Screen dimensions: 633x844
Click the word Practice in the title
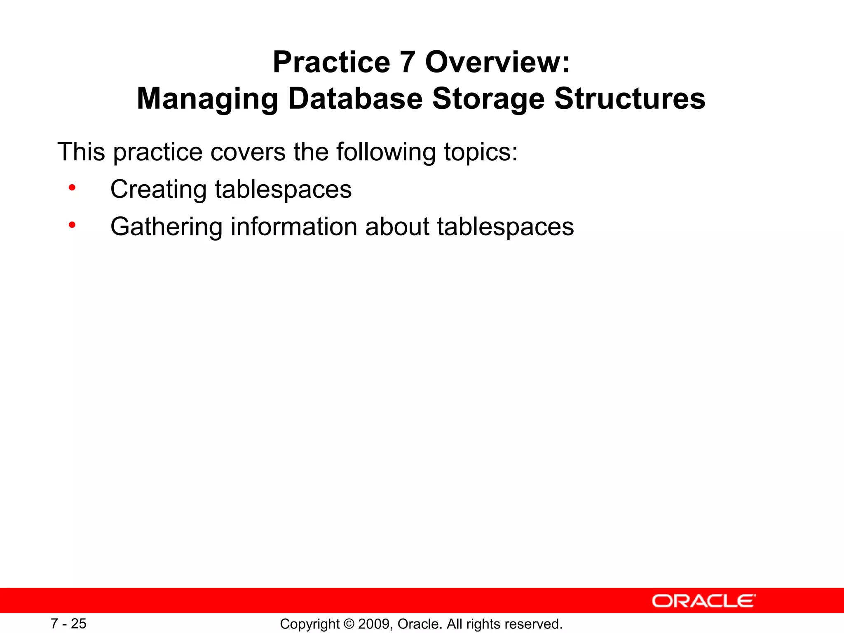pyautogui.click(x=331, y=62)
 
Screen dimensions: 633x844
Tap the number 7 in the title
pyautogui.click(x=407, y=62)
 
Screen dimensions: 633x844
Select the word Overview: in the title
pyautogui.click(x=497, y=62)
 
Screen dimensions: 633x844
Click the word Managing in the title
pyautogui.click(x=208, y=99)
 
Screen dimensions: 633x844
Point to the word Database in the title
pyautogui.click(x=355, y=99)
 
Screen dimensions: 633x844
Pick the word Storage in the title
pyautogui.click(x=488, y=99)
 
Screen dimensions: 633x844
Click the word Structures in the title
pyautogui.click(x=629, y=99)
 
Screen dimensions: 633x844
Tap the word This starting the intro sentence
pyautogui.click(x=81, y=152)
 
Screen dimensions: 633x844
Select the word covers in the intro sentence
pyautogui.click(x=248, y=152)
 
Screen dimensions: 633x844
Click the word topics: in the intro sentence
pyautogui.click(x=481, y=152)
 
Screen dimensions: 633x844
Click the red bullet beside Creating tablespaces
pyautogui.click(x=72, y=188)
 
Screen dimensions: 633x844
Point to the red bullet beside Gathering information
pyautogui.click(x=72, y=225)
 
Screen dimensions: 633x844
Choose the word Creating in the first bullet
pyautogui.click(x=158, y=190)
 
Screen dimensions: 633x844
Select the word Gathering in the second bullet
pyautogui.click(x=166, y=227)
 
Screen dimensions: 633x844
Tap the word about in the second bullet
pyautogui.click(x=397, y=227)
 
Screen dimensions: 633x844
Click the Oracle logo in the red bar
pyautogui.click(x=703, y=601)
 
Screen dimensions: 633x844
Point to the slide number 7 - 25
pyautogui.click(x=68, y=624)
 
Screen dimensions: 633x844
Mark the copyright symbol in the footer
pyautogui.click(x=349, y=624)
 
